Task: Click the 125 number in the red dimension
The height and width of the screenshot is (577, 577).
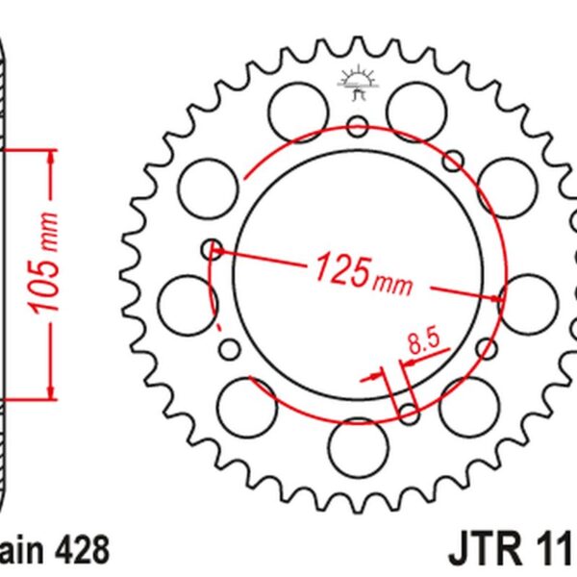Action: [339, 271]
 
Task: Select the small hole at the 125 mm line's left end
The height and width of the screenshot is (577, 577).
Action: [213, 250]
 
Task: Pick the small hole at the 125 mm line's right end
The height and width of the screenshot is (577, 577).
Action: [501, 299]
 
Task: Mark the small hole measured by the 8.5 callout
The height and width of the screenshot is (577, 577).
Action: [409, 414]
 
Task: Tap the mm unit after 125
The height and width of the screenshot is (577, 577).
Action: [392, 284]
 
